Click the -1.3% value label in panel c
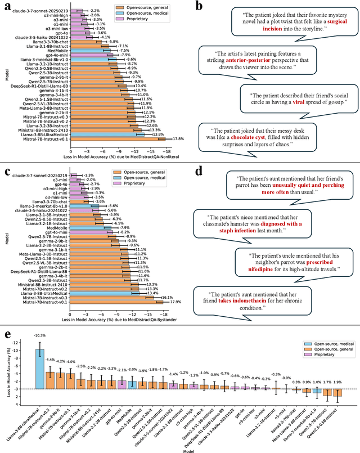tap(88, 175)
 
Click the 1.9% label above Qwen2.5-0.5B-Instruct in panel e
tap(337, 398)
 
